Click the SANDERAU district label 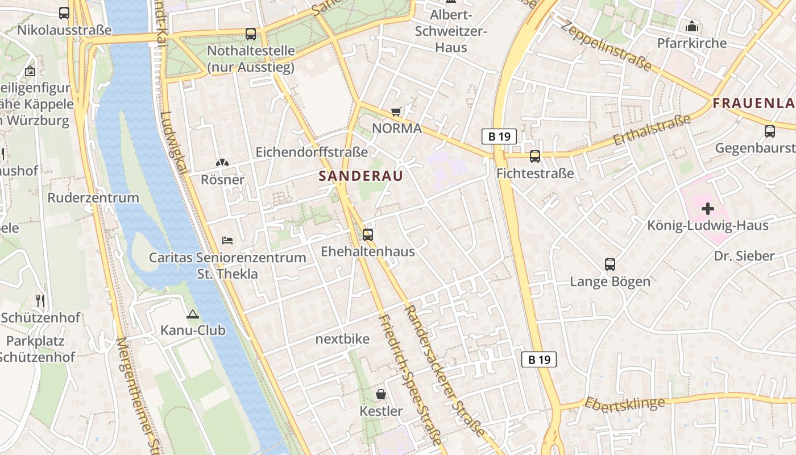coord(360,176)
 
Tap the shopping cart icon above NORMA coord(396,112)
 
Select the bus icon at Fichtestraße coord(534,156)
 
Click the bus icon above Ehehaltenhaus coord(368,234)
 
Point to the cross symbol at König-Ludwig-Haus coord(708,209)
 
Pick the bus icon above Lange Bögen coord(610,264)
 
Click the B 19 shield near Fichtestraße coord(499,136)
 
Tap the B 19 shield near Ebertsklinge coord(539,359)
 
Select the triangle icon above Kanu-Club coord(193,314)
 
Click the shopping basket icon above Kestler coord(381,394)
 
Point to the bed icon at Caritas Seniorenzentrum coord(227,241)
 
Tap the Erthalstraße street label coord(652,129)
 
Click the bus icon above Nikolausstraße coord(64,13)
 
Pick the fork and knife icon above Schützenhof coord(40,300)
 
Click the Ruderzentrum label coord(93,198)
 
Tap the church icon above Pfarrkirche coord(691,26)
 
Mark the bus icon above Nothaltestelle coord(251,34)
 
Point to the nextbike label coord(342,340)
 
